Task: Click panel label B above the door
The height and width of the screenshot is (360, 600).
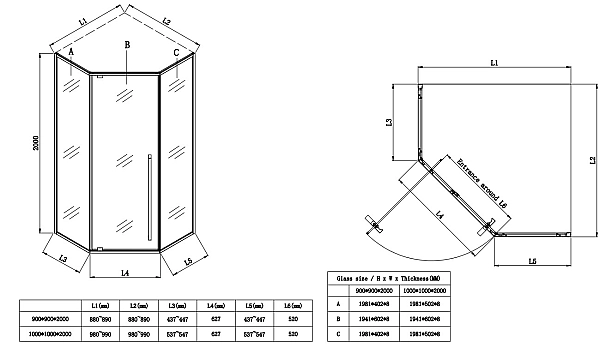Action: pos(127,45)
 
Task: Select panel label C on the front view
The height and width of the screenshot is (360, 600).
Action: pos(176,54)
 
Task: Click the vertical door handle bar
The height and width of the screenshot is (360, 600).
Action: pos(149,196)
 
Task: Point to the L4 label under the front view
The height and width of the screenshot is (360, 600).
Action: pos(124,271)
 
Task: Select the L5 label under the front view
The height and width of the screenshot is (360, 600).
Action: pos(188,262)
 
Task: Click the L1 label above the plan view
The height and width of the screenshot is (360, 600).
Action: pos(494,64)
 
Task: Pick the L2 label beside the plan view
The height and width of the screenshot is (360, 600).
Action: pos(592,160)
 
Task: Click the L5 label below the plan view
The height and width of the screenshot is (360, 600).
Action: pos(533,261)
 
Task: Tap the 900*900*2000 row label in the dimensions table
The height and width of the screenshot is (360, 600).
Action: pos(51,317)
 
